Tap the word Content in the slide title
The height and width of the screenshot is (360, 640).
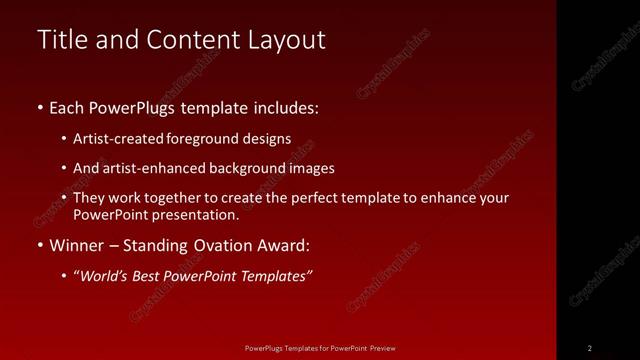tap(188, 39)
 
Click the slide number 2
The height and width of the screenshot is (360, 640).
tap(590, 348)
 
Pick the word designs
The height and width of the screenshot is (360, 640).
tap(268, 139)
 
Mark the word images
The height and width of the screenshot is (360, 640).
tap(310, 168)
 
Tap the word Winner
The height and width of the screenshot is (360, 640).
tap(76, 245)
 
